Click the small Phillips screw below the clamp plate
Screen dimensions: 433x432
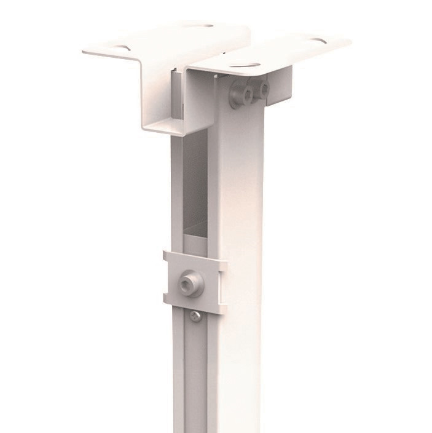point(194,316)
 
